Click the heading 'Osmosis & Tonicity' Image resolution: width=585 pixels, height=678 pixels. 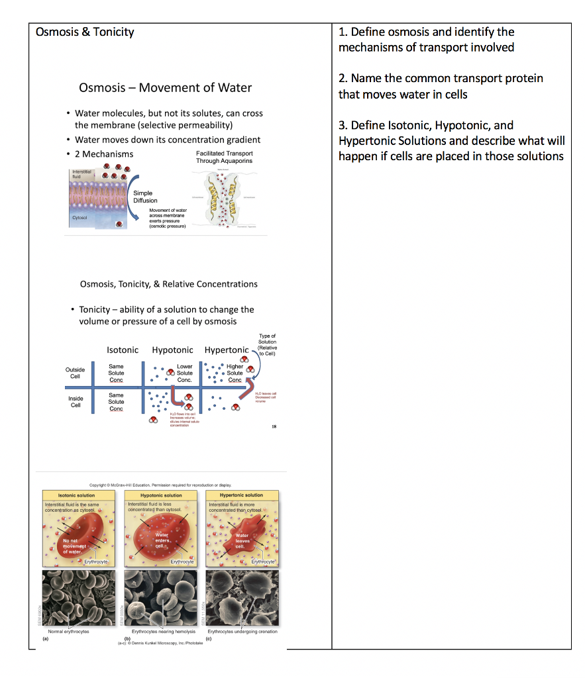pyautogui.click(x=85, y=32)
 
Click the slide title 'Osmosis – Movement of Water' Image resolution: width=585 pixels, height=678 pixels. pyautogui.click(x=165, y=87)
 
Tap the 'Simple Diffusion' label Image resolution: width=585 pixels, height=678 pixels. pyautogui.click(x=146, y=197)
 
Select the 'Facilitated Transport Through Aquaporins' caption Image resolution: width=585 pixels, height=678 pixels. pyautogui.click(x=224, y=157)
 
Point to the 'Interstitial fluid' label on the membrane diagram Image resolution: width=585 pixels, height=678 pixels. pyautogui.click(x=83, y=174)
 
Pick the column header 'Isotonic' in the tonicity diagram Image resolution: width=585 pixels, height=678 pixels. pyautogui.click(x=123, y=350)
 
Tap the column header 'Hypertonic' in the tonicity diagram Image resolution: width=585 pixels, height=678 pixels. pyautogui.click(x=226, y=350)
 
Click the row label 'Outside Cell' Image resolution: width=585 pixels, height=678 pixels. pyautogui.click(x=75, y=372)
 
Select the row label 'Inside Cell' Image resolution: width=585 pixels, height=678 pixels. pyautogui.click(x=76, y=402)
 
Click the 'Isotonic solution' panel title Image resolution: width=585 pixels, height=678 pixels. pyautogui.click(x=76, y=495)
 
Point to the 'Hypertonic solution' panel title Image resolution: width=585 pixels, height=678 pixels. pyautogui.click(x=241, y=495)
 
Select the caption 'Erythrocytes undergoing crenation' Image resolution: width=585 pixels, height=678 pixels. pyautogui.click(x=242, y=632)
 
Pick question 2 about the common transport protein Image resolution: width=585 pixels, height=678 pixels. pyautogui.click(x=441, y=86)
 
